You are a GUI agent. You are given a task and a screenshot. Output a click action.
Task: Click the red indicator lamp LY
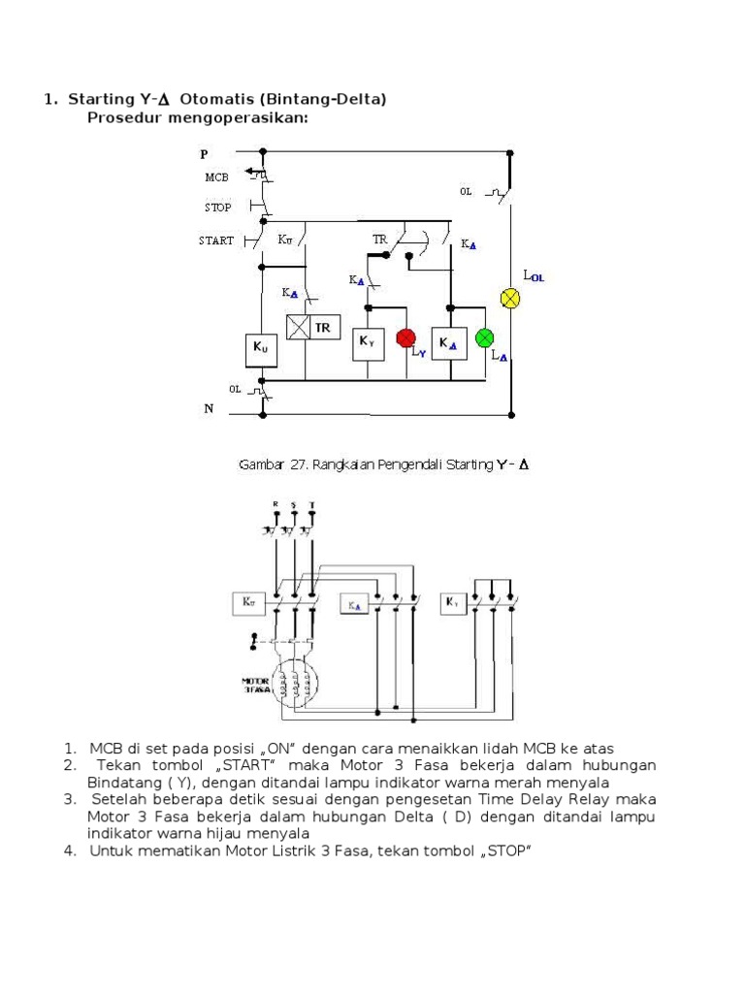click(405, 337)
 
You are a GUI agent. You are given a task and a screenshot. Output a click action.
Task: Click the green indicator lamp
click(484, 337)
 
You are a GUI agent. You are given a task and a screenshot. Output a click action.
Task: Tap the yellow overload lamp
click(510, 298)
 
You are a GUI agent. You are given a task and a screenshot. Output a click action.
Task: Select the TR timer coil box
click(312, 328)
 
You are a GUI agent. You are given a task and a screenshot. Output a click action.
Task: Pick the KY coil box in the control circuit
click(368, 341)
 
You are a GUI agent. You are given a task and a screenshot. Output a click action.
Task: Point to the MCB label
click(216, 178)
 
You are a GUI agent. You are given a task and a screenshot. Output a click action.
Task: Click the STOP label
click(218, 207)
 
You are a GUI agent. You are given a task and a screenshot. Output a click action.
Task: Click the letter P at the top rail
click(204, 154)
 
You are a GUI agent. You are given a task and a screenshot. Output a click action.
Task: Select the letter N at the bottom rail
click(208, 409)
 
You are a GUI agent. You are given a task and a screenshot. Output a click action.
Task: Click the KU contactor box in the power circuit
click(246, 602)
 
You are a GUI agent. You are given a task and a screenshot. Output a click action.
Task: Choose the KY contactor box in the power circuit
click(453, 602)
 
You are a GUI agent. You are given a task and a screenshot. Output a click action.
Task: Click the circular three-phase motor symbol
click(295, 681)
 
